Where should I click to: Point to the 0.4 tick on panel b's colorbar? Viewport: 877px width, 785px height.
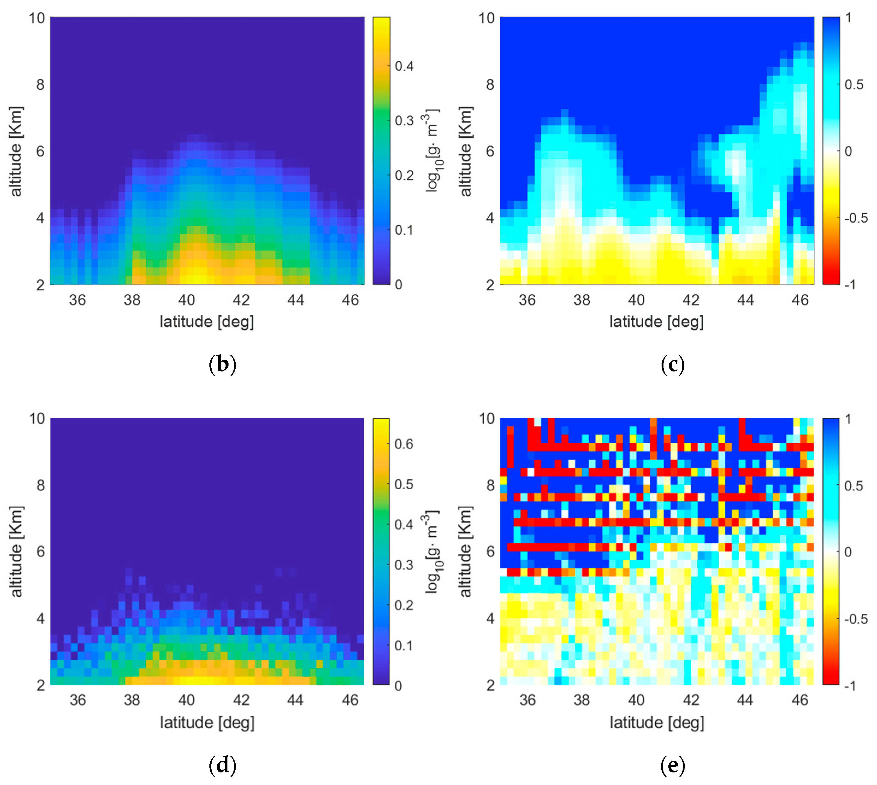404,66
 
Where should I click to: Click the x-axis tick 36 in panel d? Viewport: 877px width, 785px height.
78,700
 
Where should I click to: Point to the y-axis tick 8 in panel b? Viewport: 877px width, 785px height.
40,85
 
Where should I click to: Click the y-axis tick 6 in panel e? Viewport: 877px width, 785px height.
490,552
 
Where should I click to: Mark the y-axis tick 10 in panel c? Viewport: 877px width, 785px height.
486,18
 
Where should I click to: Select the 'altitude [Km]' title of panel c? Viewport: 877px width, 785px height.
465,151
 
